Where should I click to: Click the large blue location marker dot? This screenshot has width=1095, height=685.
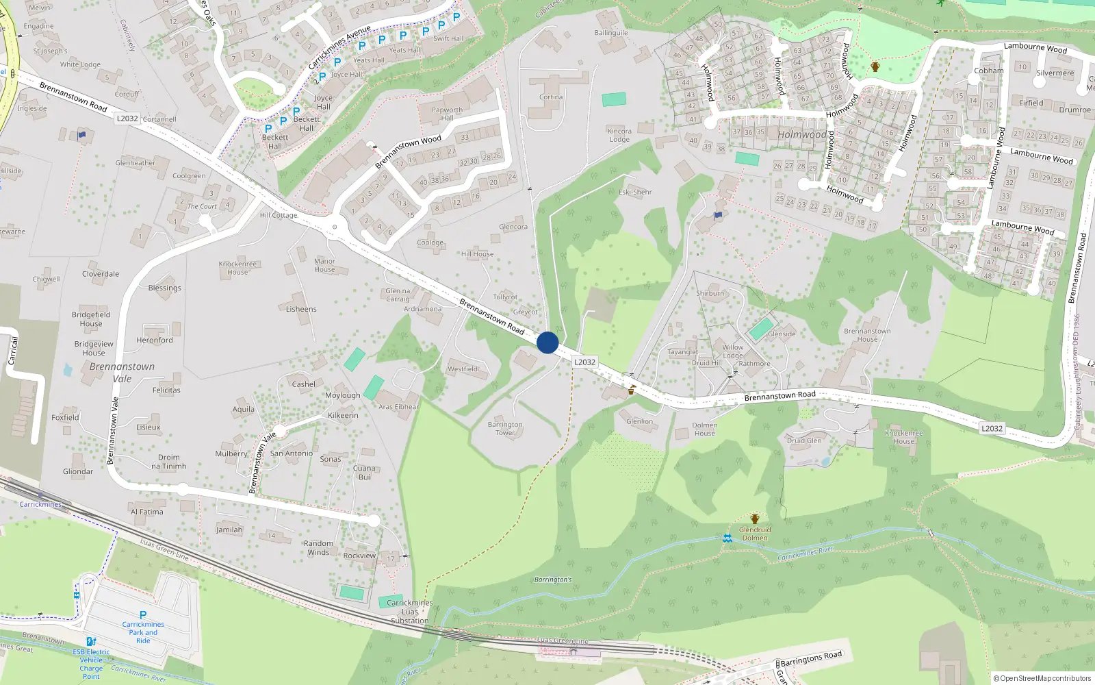547,342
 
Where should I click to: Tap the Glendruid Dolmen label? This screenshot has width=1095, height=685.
755,534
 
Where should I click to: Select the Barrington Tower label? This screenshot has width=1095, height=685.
505,428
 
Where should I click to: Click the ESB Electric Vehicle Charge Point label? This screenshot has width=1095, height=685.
91,664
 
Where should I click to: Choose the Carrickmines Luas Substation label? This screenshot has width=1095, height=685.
409,612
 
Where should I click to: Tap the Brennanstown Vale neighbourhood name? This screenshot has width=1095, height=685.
122,372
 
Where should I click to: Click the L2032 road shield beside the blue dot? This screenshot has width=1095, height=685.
584,362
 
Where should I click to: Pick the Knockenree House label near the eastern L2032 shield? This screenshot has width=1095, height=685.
903,437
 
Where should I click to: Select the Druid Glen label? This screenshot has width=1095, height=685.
803,440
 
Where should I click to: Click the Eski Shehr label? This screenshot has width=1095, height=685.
635,192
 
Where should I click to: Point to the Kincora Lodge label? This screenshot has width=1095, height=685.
619,135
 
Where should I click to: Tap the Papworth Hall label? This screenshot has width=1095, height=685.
447,114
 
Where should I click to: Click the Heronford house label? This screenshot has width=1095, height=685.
155,340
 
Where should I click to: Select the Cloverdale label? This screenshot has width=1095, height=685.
101,274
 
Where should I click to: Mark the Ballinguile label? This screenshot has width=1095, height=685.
610,33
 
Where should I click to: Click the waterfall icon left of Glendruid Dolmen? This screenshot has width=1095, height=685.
727,538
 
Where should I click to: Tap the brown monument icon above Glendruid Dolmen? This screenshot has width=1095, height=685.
755,519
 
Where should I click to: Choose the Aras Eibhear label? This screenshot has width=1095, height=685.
398,407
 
